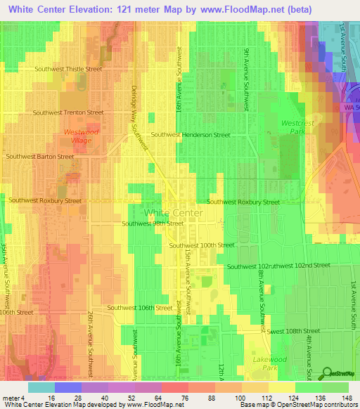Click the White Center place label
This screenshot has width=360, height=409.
pos(173,212)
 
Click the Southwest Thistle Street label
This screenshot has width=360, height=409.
pos(68,69)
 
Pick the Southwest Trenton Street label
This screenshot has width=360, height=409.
pos(69,112)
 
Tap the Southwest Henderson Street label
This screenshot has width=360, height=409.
pos(191,134)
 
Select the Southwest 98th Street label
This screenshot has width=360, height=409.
pos(153,223)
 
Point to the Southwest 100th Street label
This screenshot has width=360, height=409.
pos(202,245)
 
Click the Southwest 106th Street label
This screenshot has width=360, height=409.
pos(139,308)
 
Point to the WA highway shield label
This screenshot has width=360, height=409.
pos(351,108)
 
